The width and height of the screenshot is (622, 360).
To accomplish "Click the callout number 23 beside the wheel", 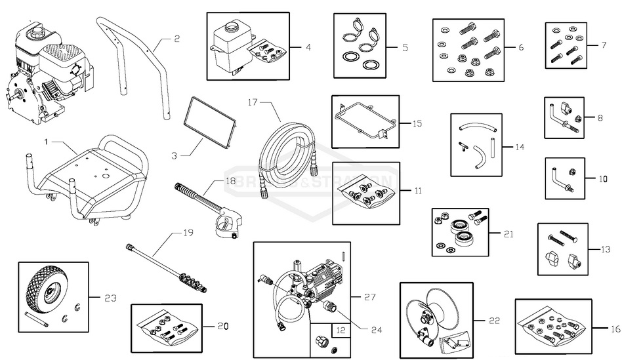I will click(110, 298).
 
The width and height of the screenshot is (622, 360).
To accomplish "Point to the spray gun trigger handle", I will click(226, 223).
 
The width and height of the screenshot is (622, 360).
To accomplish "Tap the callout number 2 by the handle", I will click(176, 39).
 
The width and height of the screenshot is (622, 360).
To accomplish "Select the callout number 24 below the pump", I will click(377, 329).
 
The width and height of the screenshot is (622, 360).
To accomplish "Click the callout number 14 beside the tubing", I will click(519, 147).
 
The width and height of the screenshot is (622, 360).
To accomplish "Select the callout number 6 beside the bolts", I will click(520, 47).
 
